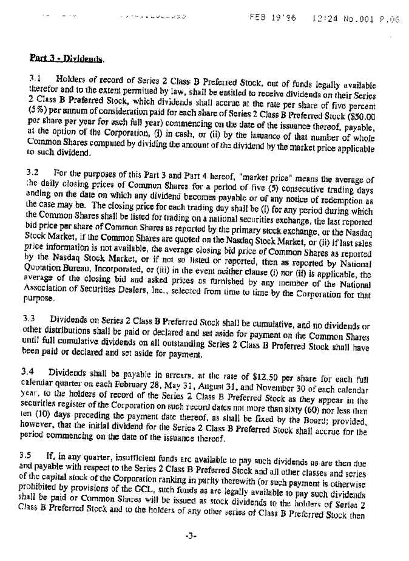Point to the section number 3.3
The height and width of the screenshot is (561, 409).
pos(30,318)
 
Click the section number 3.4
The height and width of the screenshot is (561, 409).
pos(29,372)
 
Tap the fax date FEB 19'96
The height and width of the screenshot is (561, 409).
pos(272,18)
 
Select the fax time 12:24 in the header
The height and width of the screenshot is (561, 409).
pos(323,18)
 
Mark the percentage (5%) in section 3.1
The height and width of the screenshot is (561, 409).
pos(38,112)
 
